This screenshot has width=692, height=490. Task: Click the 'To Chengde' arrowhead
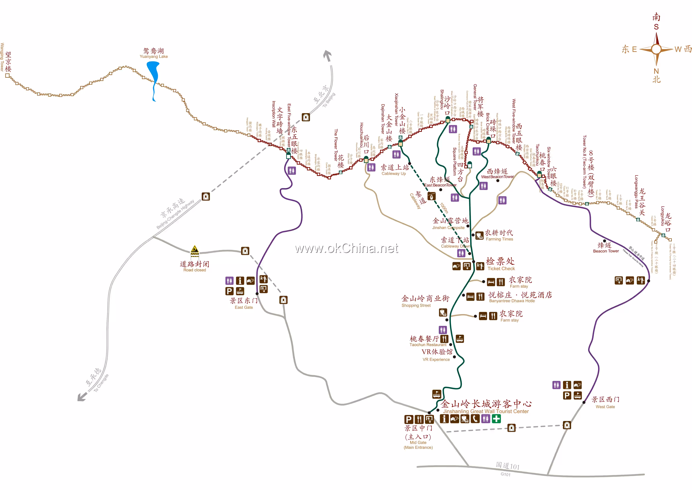[x=81, y=397]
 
